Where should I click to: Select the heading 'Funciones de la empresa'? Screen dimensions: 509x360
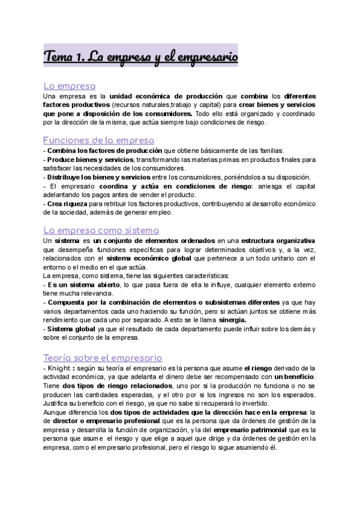[x=99, y=140]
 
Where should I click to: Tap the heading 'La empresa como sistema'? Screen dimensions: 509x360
[x=101, y=230]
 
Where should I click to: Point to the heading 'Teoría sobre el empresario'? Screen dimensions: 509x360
[x=103, y=357]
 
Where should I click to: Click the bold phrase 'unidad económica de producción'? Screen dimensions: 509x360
[x=165, y=96]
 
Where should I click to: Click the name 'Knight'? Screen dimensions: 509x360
[x=59, y=367]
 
